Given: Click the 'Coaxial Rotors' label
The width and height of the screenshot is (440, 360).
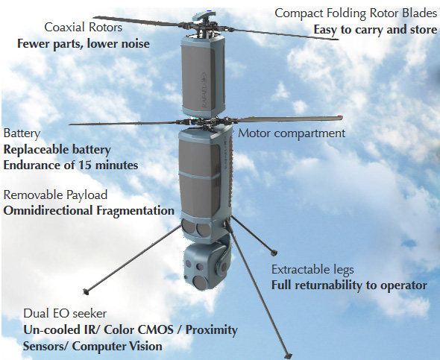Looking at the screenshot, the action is [x=83, y=28].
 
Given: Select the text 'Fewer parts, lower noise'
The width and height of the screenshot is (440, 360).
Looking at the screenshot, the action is [x=84, y=44].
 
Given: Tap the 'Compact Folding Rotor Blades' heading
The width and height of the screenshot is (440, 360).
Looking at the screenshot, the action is [x=356, y=13].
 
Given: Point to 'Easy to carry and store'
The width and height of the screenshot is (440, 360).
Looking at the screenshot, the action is [x=375, y=30].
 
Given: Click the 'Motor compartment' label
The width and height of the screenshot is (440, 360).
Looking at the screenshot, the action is [x=292, y=133].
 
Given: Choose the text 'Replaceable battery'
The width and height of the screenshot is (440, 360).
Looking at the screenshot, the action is [x=57, y=150].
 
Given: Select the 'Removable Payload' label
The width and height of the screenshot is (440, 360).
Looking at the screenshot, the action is [x=55, y=195].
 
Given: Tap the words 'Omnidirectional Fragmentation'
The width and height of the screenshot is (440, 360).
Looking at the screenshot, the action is [x=89, y=211].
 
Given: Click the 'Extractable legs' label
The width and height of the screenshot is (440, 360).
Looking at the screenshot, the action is [x=312, y=270].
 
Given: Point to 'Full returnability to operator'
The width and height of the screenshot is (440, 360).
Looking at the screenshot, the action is [x=349, y=285].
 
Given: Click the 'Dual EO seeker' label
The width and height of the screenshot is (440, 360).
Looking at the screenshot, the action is [x=65, y=314].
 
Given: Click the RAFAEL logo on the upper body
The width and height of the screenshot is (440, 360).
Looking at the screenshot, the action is [x=204, y=90].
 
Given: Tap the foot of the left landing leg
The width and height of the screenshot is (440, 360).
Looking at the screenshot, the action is [x=86, y=291].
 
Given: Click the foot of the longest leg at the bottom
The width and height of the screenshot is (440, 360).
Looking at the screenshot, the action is [x=288, y=356].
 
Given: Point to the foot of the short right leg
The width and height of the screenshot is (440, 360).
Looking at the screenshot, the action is [x=274, y=253].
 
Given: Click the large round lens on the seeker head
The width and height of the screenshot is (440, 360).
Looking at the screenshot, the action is [x=200, y=282].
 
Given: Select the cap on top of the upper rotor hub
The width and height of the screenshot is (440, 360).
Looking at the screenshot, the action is [x=204, y=16].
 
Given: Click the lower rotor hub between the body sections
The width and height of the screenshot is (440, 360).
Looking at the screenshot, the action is [x=207, y=122].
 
